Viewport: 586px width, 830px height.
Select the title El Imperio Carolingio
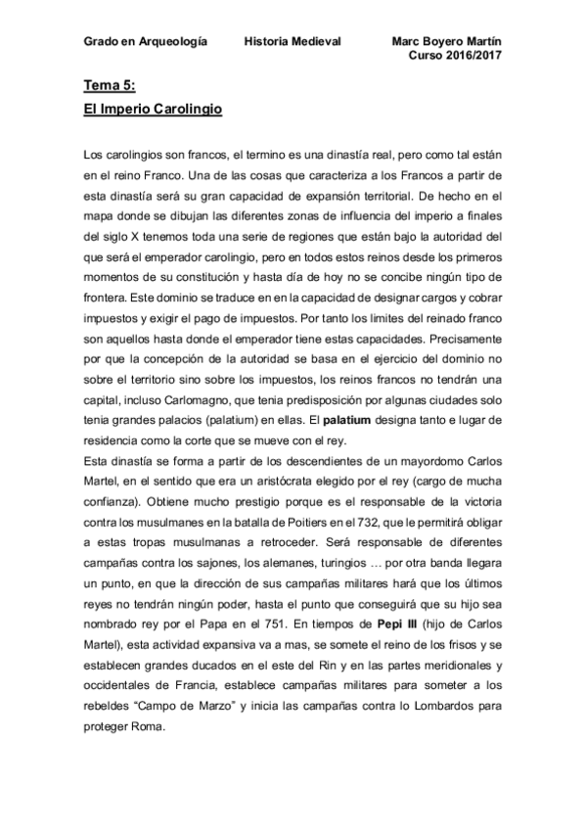(154, 111)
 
